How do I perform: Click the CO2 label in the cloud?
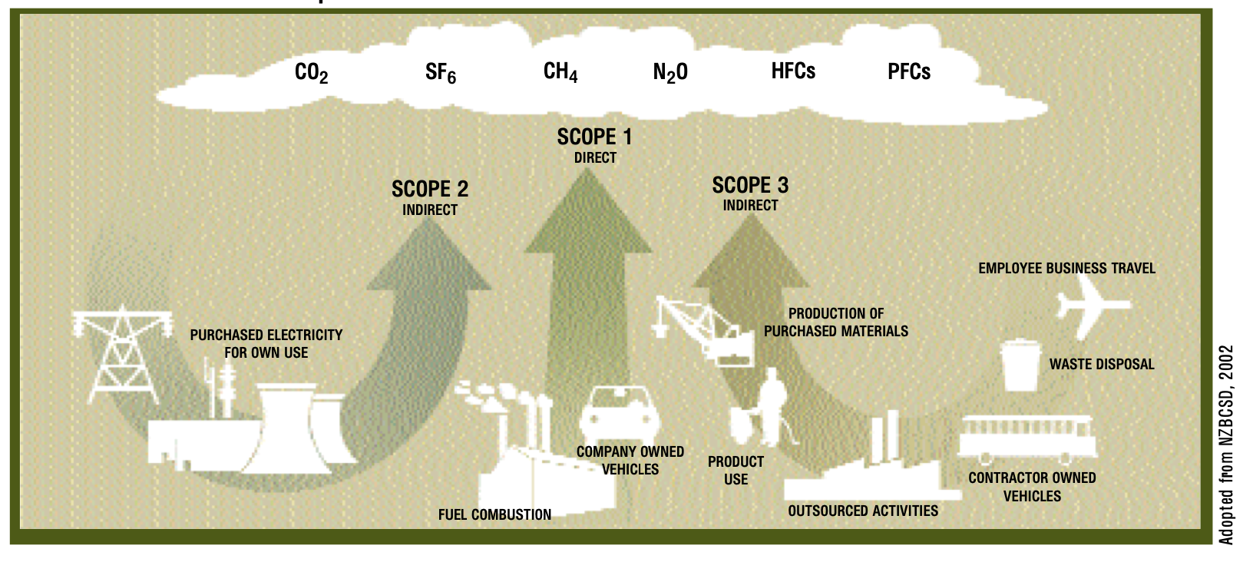click(x=311, y=73)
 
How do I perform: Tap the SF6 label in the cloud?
click(x=441, y=74)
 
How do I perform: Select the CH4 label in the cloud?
click(x=560, y=72)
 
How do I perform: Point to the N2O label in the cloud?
click(x=670, y=73)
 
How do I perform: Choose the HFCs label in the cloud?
click(x=793, y=71)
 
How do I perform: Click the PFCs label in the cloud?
click(x=909, y=72)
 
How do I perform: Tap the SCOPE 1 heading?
click(x=594, y=137)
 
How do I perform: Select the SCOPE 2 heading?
click(x=429, y=189)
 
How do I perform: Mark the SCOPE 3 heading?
click(x=750, y=185)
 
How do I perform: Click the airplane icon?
click(x=1090, y=306)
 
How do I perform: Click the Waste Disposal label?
click(x=1102, y=365)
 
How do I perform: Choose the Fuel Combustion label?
click(x=494, y=515)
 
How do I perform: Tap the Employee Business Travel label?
click(x=1066, y=269)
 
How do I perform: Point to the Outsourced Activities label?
click(x=863, y=511)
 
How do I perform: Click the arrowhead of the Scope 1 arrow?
click(x=588, y=215)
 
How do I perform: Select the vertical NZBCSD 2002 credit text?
click(x=1226, y=445)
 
